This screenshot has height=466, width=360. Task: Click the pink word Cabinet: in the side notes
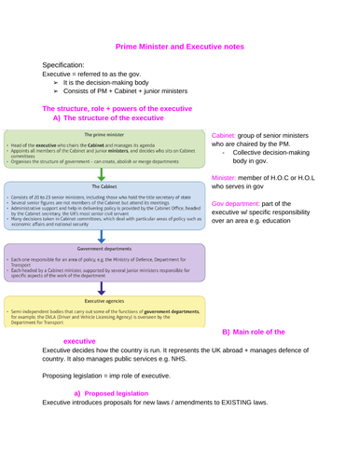click(x=228, y=135)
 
